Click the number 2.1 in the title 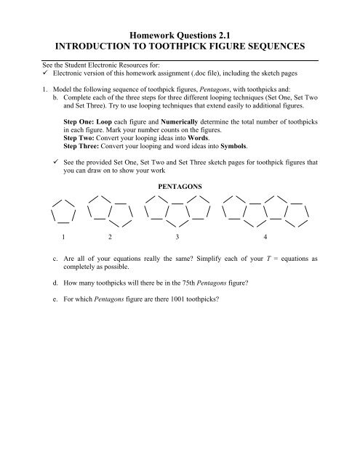coord(243,31)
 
